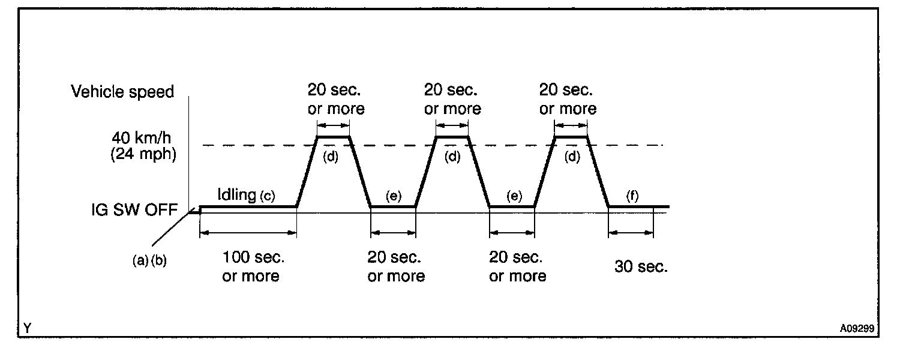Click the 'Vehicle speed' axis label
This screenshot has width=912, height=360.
[x=122, y=92]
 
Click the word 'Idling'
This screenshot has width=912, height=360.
[x=237, y=196]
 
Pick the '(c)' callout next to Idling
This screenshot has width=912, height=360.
[x=267, y=196]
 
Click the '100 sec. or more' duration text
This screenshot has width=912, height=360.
[x=251, y=268]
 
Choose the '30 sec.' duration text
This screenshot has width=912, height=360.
[x=641, y=267]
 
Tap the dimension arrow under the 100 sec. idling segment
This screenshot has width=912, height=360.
[x=248, y=232]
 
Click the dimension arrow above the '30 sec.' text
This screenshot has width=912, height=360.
[x=631, y=232]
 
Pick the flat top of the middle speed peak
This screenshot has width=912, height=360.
[x=451, y=137]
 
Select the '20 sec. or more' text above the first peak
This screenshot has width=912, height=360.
[x=336, y=100]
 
